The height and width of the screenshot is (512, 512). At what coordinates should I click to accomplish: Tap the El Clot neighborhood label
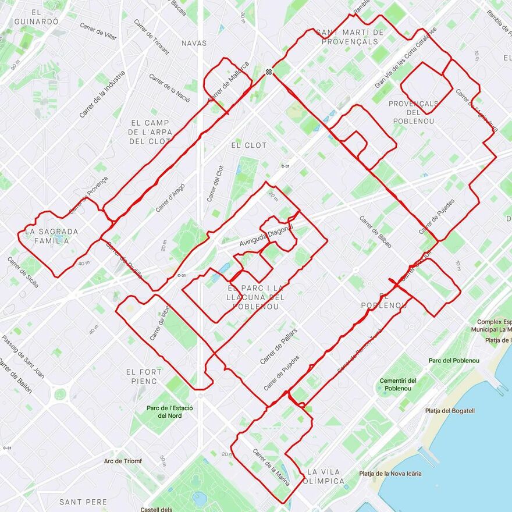pyautogui.click(x=248, y=145)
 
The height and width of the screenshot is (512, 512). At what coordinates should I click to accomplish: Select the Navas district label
pyautogui.click(x=194, y=43)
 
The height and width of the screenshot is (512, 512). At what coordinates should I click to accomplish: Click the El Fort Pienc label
pyautogui.click(x=141, y=376)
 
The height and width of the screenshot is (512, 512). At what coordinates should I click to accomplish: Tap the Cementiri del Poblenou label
pyautogui.click(x=399, y=385)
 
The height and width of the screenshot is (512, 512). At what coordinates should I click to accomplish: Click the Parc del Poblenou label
pyautogui.click(x=454, y=361)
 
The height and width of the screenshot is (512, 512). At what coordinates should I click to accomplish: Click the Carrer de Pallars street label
pyautogui.click(x=279, y=346)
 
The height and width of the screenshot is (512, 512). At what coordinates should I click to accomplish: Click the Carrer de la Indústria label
pyautogui.click(x=102, y=94)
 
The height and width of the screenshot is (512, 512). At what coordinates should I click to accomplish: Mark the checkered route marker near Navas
pyautogui.click(x=268, y=72)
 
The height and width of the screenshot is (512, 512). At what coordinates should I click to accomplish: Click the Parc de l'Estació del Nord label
pyautogui.click(x=169, y=412)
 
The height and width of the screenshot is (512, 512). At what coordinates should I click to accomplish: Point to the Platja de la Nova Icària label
pyautogui.click(x=390, y=474)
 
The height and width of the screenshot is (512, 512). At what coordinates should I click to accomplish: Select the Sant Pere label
pyautogui.click(x=83, y=502)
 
